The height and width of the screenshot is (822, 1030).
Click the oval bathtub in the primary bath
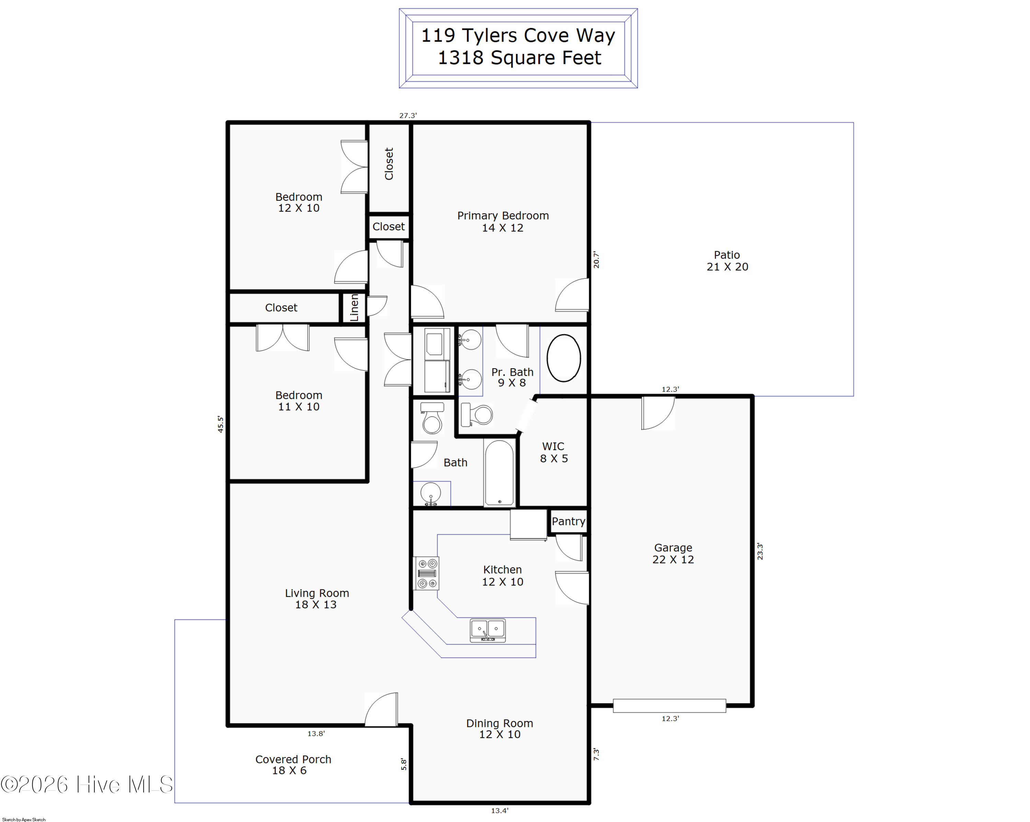pos(563,358)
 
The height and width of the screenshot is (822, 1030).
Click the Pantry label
pos(568,521)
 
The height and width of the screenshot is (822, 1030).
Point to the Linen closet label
pos(354,307)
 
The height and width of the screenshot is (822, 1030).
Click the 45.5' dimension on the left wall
pos(220,424)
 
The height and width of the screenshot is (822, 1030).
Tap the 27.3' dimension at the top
pos(408,115)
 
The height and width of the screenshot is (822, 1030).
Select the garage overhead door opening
pos(669,706)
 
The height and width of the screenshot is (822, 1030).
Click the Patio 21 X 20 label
pos(727,261)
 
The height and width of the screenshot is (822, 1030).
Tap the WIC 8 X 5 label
pos(554,452)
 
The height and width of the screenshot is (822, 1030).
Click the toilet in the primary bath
pos(477,414)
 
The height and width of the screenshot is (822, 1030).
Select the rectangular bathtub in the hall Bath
pos(499,472)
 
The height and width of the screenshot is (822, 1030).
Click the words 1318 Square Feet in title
pos(519,58)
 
